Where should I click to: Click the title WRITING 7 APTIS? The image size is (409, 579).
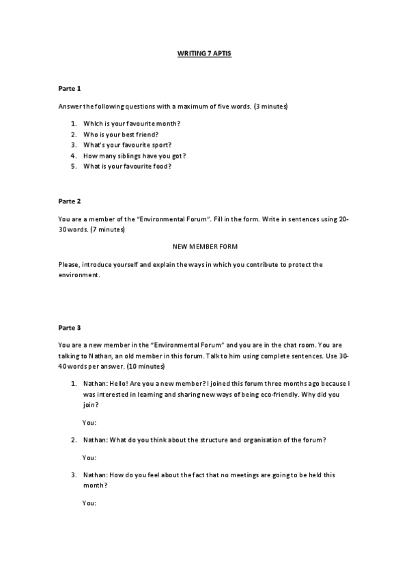pyautogui.click(x=204, y=53)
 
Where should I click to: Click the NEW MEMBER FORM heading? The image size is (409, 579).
pyautogui.click(x=205, y=245)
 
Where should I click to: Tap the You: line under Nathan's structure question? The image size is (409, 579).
pyautogui.click(x=89, y=457)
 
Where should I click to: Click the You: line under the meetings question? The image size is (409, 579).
pyautogui.click(x=89, y=503)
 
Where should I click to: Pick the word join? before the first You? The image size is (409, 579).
pyautogui.click(x=91, y=405)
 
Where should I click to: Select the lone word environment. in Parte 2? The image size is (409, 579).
pyautogui.click(x=79, y=275)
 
